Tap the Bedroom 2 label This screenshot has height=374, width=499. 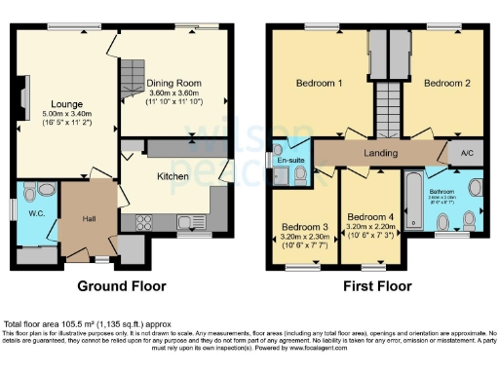[447, 84]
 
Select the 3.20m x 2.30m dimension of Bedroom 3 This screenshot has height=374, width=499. [304, 236]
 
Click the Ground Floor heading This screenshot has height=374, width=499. [122, 286]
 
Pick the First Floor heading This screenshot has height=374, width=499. [376, 286]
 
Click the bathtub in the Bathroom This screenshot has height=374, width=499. [415, 199]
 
